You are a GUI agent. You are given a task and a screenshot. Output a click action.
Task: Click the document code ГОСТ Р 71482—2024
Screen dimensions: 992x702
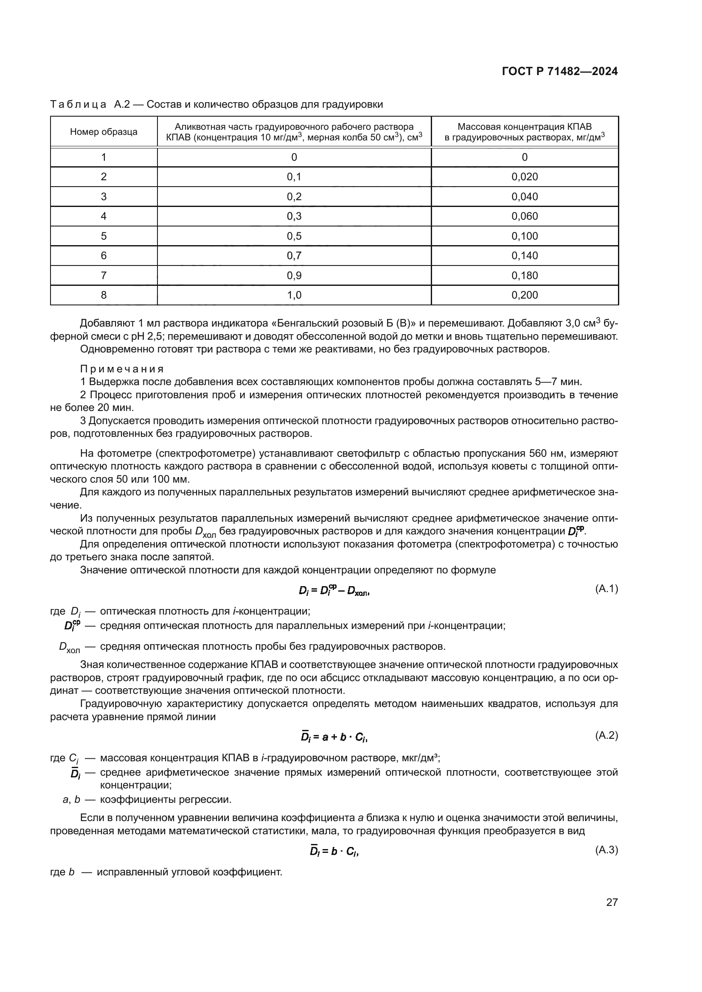560,72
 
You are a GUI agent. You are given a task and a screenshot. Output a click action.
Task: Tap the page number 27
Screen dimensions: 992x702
612,902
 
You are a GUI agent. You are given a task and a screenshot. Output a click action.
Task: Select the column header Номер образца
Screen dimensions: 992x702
104,132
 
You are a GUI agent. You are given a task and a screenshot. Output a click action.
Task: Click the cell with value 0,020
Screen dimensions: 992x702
524,177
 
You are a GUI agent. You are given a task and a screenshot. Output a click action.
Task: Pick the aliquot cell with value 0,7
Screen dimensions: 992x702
294,256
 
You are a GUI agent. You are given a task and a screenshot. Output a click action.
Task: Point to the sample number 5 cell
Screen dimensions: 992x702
104,236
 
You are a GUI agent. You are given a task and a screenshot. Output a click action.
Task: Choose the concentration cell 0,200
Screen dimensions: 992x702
524,295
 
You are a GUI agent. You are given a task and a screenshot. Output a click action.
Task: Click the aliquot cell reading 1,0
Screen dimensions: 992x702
294,295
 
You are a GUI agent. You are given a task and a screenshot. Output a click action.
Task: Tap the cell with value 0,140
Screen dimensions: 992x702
524,256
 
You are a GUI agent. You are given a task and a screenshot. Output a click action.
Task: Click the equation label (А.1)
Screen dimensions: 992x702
607,589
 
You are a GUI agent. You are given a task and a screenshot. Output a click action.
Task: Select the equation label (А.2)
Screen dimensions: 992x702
607,735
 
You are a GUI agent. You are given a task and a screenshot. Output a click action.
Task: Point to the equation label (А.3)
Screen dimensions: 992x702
607,850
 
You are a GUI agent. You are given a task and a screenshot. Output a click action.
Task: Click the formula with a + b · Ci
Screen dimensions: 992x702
334,738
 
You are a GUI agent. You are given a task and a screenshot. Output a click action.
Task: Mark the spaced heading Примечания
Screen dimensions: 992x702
122,369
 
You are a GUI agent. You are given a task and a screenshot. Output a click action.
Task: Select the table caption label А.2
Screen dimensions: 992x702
122,105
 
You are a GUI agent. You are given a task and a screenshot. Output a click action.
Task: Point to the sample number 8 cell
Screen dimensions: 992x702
104,295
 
